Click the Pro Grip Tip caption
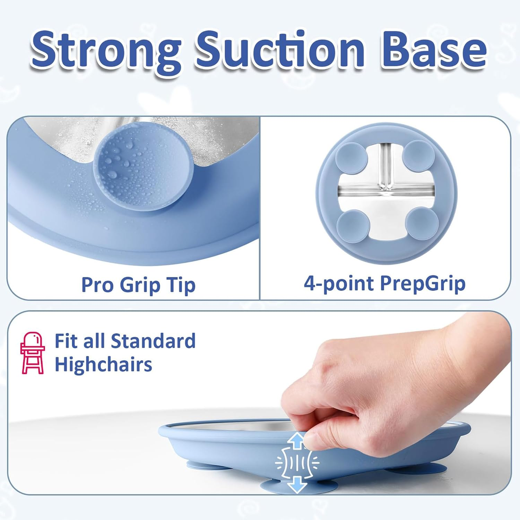pyautogui.click(x=138, y=285)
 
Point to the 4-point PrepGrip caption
pyautogui.click(x=384, y=284)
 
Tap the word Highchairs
pyautogui.click(x=103, y=365)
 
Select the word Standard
pyautogui.click(x=153, y=341)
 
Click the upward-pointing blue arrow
pyautogui.click(x=297, y=440)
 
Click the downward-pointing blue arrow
pyautogui.click(x=297, y=483)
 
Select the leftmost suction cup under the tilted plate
pyautogui.click(x=205, y=464)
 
